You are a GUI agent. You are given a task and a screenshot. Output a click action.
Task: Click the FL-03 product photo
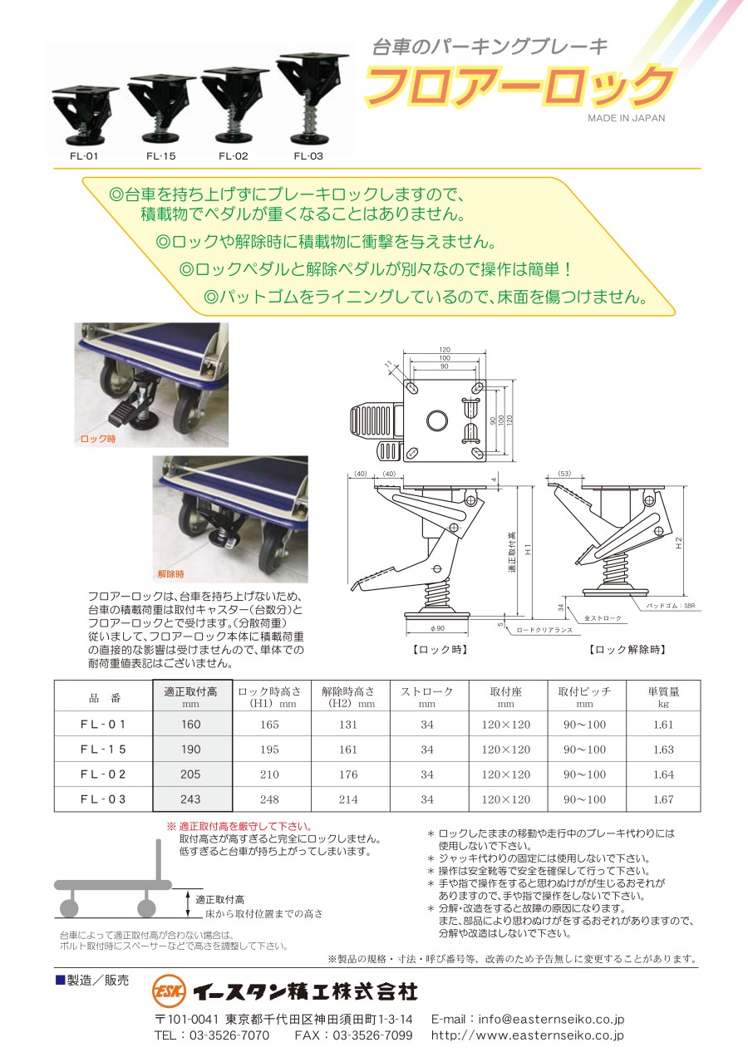312,98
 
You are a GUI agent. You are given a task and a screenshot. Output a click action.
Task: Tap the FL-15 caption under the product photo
161,156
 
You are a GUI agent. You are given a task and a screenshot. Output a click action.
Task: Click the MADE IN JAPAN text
627,118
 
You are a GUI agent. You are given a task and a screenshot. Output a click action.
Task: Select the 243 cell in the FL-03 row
190,799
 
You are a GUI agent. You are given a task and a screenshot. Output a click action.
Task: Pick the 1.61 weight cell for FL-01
663,725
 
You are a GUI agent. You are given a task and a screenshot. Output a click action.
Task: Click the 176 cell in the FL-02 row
347,774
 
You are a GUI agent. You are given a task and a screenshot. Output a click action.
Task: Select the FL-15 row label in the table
103,750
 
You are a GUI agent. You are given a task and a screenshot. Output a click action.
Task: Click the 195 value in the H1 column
269,750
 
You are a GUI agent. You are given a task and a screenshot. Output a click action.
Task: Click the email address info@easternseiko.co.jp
551,1019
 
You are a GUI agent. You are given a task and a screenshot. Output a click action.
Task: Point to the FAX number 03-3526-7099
372,1035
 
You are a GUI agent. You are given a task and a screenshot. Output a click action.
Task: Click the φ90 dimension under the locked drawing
437,628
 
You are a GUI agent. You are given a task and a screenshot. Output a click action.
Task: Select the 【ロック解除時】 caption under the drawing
627,650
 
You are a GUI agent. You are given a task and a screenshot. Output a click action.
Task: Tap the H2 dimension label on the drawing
679,543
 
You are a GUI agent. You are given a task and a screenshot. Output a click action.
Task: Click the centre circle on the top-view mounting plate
437,420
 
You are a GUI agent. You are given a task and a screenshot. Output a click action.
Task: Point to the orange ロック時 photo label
98,439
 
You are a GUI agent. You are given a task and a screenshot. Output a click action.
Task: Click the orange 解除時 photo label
171,574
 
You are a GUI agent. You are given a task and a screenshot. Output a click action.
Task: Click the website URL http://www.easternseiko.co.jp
528,1035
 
